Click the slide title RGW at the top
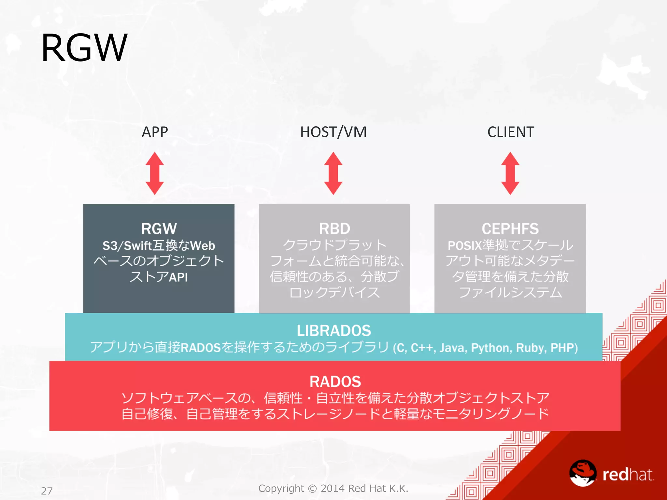[x=84, y=48]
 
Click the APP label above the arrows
[x=155, y=132]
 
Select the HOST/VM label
[x=333, y=132]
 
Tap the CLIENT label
[x=510, y=132]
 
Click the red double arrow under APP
[x=155, y=173]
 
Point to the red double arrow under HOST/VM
[x=333, y=173]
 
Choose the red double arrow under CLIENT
[x=510, y=173]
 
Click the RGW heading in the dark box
[x=159, y=229]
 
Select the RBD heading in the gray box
[x=334, y=229]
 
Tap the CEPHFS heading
[x=510, y=229]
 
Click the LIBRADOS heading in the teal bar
[x=333, y=331]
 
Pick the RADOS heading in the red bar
[x=335, y=382]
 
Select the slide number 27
[x=47, y=491]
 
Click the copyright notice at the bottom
[x=333, y=488]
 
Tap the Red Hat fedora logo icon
[x=583, y=473]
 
